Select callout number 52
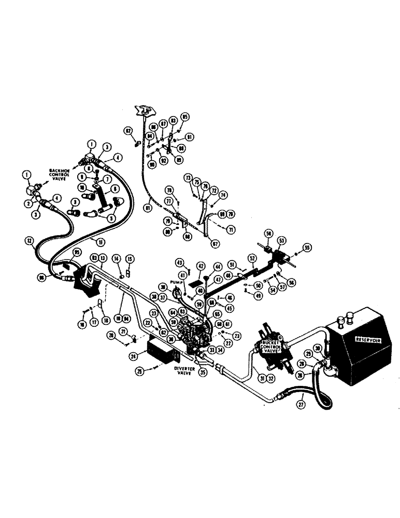coord(251,257)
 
